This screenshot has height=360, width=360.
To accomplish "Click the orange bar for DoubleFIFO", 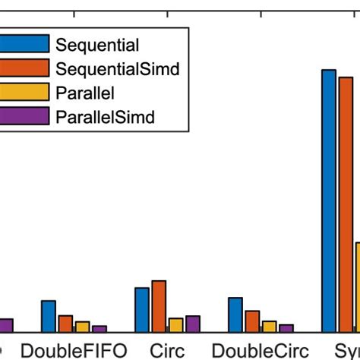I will (x=65, y=324).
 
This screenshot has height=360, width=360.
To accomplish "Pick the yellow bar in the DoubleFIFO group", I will (x=82, y=327).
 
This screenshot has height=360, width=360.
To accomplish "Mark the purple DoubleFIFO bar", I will (x=99, y=329).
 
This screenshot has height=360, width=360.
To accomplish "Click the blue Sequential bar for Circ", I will (x=142, y=310).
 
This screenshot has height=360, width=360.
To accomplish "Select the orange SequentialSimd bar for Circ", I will (x=159, y=306).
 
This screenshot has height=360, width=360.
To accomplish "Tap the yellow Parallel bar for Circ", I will (x=175, y=325).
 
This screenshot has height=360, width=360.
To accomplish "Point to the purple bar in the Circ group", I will (x=192, y=324).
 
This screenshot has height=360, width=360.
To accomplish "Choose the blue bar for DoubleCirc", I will (x=235, y=314).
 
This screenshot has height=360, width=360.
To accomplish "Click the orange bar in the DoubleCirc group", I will (x=252, y=321).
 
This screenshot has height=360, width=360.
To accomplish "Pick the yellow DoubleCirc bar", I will (x=269, y=326).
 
